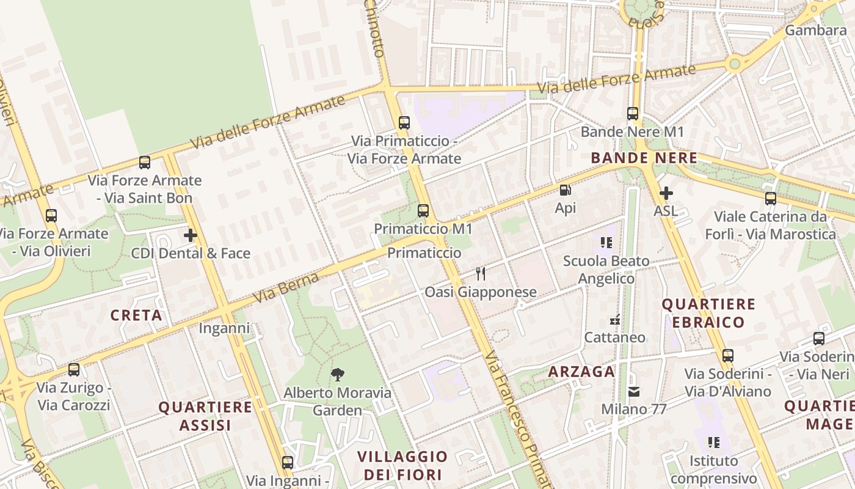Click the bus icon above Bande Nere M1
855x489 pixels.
pos(633,114)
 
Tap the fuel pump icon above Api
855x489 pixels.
pos(566,190)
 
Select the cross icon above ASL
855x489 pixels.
pos(666,193)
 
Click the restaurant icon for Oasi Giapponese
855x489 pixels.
pos(481,273)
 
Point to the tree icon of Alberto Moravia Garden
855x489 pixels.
pos(337,374)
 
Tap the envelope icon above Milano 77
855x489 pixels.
pos(634,391)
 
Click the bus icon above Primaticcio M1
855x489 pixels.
pos(423,211)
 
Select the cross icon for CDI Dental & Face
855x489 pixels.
pos(191,235)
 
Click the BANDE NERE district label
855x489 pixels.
pos(644,158)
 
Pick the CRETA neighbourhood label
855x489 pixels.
pos(136,315)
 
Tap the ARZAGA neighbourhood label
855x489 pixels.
pos(581,371)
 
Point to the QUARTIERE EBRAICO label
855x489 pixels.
pos(709,313)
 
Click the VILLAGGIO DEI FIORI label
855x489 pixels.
pos(402,465)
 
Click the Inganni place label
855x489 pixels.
pos(224,328)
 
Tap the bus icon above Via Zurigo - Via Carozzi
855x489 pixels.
pos(74,369)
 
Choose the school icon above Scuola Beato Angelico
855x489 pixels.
pos(606,243)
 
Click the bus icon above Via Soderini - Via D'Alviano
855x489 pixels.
pos(727,355)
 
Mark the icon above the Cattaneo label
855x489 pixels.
pos(615,319)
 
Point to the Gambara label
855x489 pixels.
pos(815,30)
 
